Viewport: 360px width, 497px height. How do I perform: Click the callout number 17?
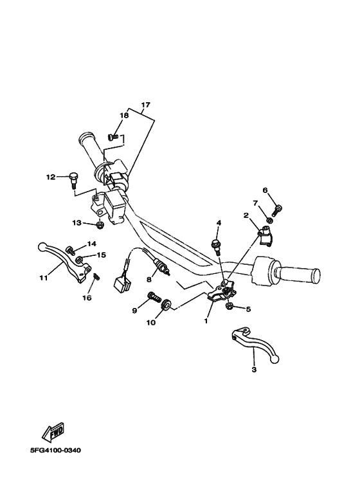point(145,105)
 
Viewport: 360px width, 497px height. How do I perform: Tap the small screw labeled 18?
point(113,136)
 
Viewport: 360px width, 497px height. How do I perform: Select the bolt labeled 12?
point(73,179)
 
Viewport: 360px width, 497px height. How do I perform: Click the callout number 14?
point(91,244)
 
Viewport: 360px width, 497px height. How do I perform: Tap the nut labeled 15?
point(79,260)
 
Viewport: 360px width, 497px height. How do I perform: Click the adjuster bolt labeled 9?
point(154,297)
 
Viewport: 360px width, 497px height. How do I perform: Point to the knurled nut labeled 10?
point(166,305)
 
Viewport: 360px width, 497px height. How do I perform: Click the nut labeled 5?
point(229,307)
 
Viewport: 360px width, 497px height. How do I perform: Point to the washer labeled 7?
point(269,220)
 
